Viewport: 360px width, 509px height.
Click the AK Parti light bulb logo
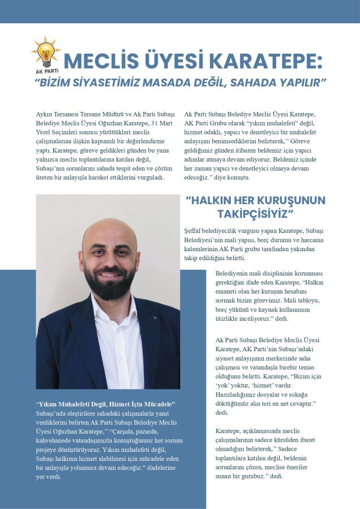pos(45,53)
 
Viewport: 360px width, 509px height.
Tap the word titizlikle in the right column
pos(232,318)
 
